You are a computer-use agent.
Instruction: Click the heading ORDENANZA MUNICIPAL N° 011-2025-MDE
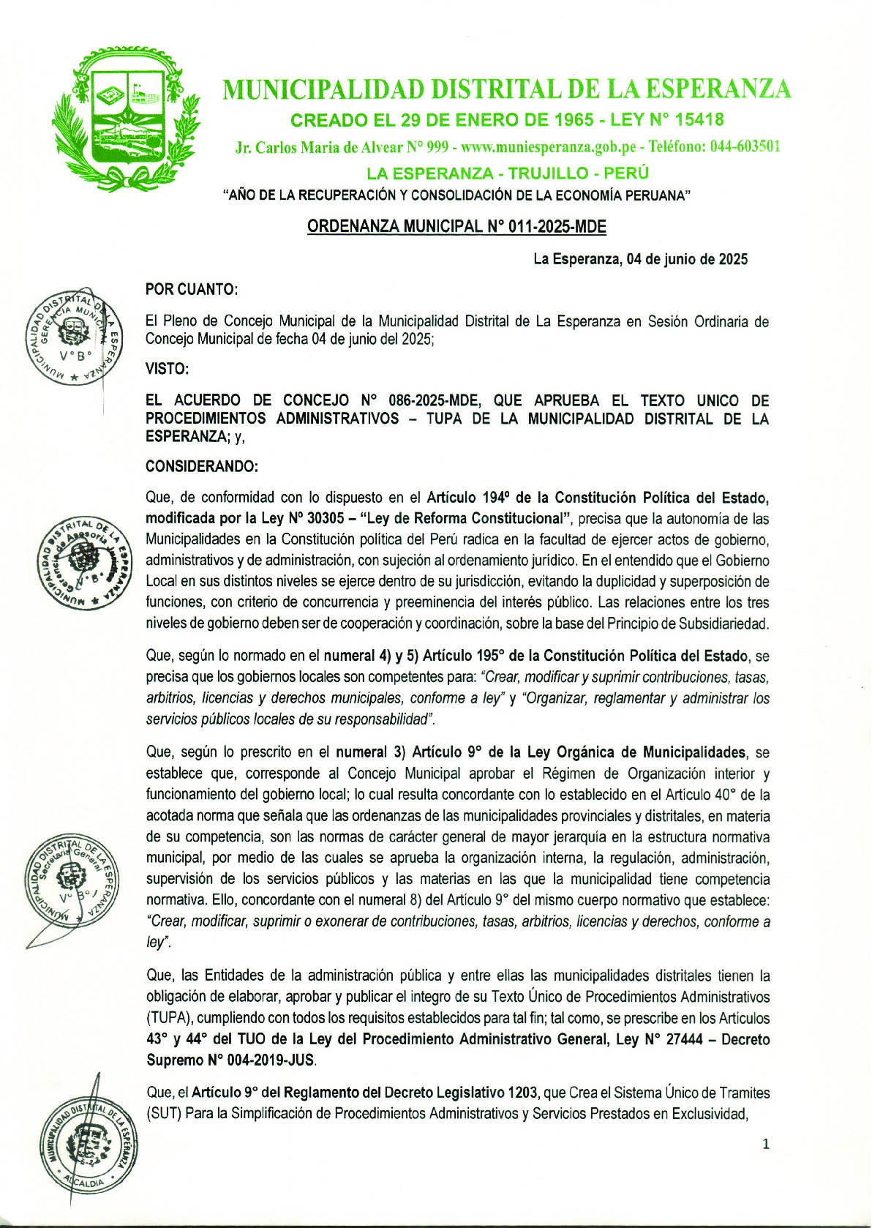(x=456, y=227)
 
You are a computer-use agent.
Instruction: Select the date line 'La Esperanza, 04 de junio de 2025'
(x=640, y=259)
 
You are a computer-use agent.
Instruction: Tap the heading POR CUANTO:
(x=192, y=290)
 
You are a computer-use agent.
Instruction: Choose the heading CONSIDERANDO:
(x=201, y=466)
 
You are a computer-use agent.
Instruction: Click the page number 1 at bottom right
(x=766, y=1145)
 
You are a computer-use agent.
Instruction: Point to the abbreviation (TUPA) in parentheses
(x=168, y=1018)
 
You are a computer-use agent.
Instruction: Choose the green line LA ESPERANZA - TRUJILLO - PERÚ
(x=508, y=173)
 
